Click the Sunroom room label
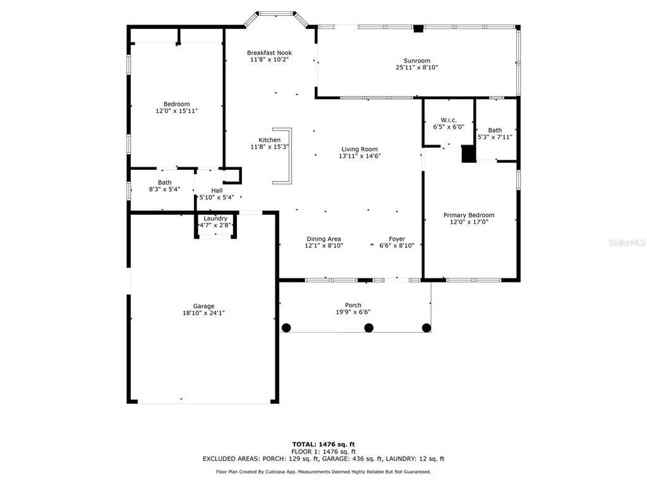417,61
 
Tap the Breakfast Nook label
269,53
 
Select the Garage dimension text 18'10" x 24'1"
204,313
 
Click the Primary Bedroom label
469,215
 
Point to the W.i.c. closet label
449,120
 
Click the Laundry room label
215,218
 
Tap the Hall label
217,191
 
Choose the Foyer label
397,239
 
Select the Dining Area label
324,239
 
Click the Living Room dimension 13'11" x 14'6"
360,156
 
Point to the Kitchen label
269,140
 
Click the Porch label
353,305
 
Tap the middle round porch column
369,328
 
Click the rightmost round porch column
426,328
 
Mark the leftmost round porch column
286,328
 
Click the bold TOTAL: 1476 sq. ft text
323,444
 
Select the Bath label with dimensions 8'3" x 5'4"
165,183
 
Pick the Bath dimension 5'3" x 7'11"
495,137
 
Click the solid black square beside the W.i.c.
469,154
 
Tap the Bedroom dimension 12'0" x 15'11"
177,111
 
